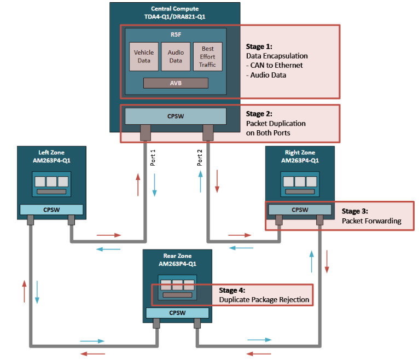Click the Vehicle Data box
tap(144, 56)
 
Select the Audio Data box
tap(176, 56)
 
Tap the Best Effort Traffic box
tap(207, 56)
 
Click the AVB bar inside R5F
tap(176, 83)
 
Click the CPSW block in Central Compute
tap(176, 116)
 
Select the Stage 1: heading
tap(259, 47)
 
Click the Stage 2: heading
tap(259, 114)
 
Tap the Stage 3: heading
tap(355, 211)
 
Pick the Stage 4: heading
tap(232, 290)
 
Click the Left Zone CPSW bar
tap(51, 210)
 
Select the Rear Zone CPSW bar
tap(177, 313)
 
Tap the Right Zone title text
tap(299, 156)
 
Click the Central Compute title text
tap(174, 13)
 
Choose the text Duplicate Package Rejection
tap(264, 299)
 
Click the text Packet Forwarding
tap(371, 221)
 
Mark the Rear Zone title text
tap(177, 259)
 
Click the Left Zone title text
tap(51, 156)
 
